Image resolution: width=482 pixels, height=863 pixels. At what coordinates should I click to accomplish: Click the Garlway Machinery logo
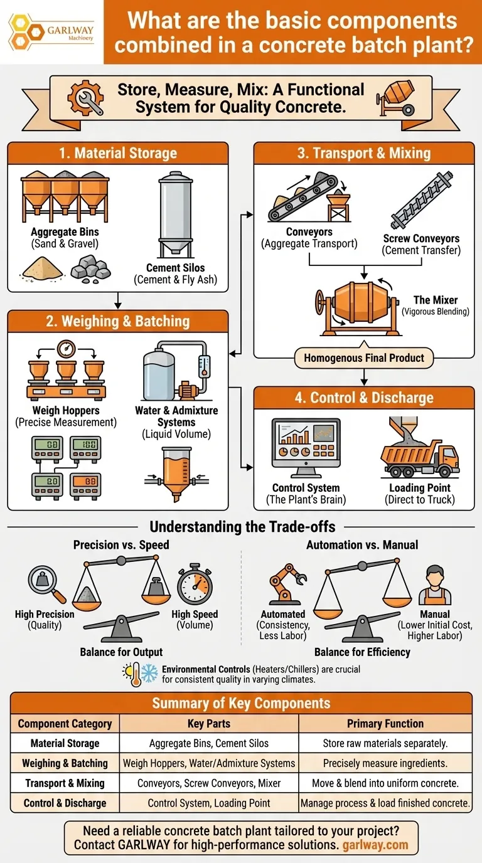coord(51,33)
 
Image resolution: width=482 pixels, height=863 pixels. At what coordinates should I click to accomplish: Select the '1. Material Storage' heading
coord(118,153)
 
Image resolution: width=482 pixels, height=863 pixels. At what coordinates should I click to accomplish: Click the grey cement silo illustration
coord(176,214)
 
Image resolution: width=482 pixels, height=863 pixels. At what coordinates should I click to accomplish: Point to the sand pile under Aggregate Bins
coord(42,268)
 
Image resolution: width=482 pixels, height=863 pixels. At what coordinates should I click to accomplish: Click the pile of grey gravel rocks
coord(91,268)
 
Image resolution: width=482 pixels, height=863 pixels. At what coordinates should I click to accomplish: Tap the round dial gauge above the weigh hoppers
coord(66,349)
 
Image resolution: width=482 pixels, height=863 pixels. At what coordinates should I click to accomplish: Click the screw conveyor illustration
coord(422,200)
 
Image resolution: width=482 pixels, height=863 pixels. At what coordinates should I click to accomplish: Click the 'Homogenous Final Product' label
coord(364,358)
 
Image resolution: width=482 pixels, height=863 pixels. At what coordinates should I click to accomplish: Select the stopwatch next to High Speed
coord(195,584)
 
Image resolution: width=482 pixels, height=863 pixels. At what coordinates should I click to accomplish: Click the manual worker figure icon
coord(435,585)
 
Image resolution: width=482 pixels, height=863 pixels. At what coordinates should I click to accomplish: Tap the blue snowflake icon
coord(149,674)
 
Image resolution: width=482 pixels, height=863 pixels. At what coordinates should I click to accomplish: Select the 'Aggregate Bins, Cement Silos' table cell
coord(209,743)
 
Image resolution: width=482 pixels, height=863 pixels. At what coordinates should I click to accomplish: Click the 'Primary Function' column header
coord(385,724)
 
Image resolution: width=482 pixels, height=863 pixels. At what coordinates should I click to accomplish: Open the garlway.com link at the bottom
coord(375,845)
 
